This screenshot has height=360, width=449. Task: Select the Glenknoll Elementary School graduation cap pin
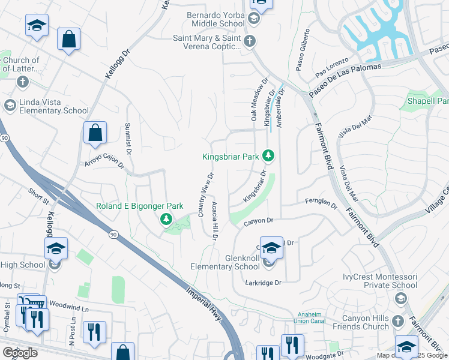[271, 247]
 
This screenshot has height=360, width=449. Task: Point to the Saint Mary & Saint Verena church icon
[251, 41]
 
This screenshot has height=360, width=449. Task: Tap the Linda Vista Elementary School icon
[10, 106]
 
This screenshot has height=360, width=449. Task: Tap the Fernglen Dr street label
[321, 203]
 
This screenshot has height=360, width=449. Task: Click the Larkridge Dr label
[263, 282]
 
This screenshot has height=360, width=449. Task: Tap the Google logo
[20, 353]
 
